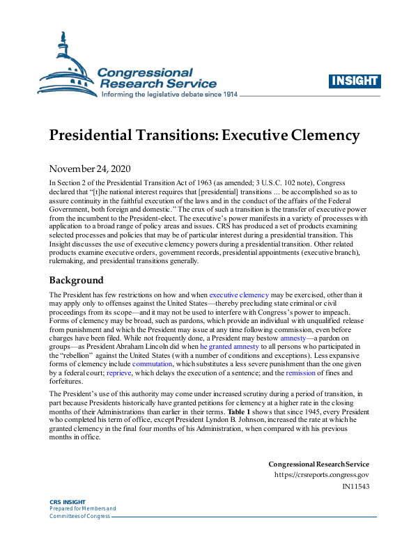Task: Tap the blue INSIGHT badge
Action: tap(354, 81)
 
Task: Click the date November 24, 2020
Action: tap(90, 168)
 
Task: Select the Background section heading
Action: tap(76, 280)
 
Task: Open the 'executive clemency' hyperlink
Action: tap(238, 295)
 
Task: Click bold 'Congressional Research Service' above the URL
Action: tap(318, 464)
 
